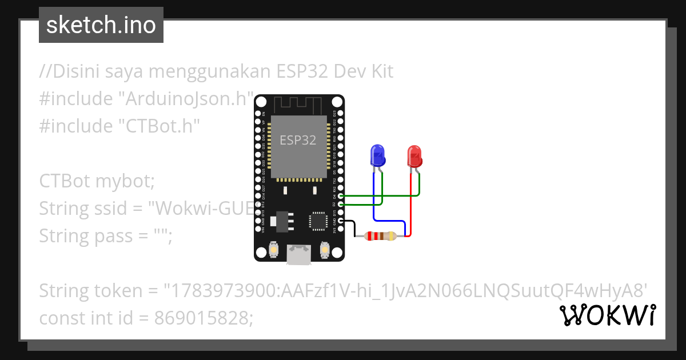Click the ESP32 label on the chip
[298, 140]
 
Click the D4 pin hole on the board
[341, 196]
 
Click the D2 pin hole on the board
[341, 204]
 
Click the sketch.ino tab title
[101, 26]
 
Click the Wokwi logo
[607, 315]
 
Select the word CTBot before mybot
[64, 181]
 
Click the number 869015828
[202, 318]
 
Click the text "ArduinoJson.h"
[185, 99]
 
